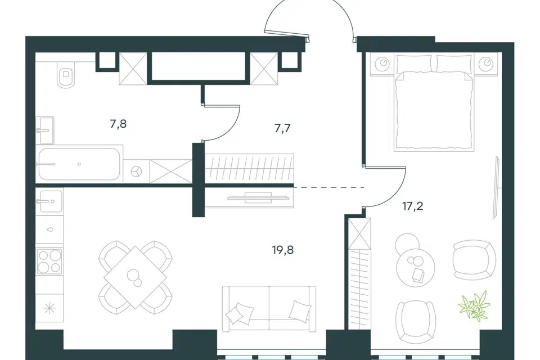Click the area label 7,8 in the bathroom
coord(118,124)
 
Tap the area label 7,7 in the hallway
coord(282,128)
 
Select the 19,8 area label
coord(283,250)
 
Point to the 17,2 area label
coord(412,206)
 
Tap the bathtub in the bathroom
coord(79,164)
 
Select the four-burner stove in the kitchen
coord(49,262)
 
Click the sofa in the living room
coord(269,309)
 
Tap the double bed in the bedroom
coord(434,103)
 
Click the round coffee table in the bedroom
coord(416,267)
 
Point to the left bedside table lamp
coord(384,64)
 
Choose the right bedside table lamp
coord(486,63)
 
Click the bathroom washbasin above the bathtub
coord(45,130)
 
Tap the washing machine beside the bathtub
coord(136,171)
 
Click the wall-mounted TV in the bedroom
coord(496,187)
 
